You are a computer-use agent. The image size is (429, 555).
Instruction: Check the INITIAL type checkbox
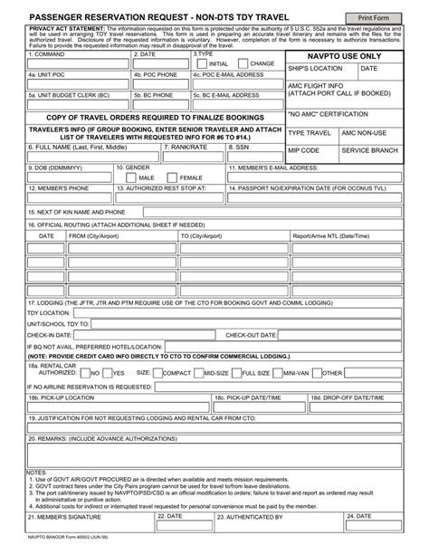tap(203, 64)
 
